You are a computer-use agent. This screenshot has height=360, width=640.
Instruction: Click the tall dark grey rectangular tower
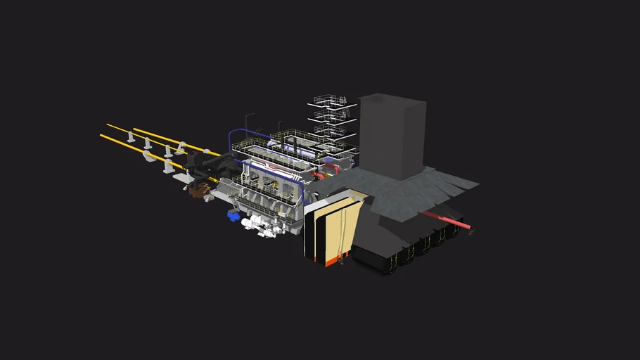tap(391, 137)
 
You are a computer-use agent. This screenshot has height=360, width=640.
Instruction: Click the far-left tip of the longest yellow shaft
tap(103, 136)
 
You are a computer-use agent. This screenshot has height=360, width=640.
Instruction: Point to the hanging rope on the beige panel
tap(343, 232)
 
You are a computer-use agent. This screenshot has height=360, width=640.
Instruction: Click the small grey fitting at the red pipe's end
tap(471, 229)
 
